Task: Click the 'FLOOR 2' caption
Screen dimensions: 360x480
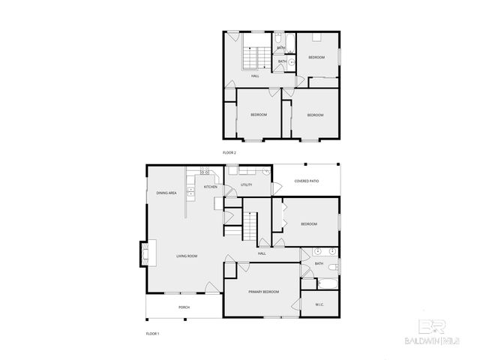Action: point(229,152)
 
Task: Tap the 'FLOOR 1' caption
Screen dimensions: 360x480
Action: point(152,332)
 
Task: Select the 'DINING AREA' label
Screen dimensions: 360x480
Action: point(166,193)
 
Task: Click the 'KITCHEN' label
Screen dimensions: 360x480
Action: point(210,187)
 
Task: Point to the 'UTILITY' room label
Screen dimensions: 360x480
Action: point(246,184)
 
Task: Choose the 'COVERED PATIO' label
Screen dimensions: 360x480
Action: point(307,181)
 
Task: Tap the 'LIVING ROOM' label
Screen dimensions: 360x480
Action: point(187,256)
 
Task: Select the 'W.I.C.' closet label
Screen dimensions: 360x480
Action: point(319,304)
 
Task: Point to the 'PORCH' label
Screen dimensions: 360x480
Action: point(184,307)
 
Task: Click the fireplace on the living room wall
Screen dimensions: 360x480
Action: point(144,253)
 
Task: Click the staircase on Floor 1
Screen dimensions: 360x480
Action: point(249,225)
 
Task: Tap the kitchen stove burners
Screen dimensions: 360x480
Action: point(204,173)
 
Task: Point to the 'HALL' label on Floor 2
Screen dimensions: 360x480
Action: point(255,76)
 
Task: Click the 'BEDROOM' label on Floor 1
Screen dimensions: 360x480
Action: point(308,224)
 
